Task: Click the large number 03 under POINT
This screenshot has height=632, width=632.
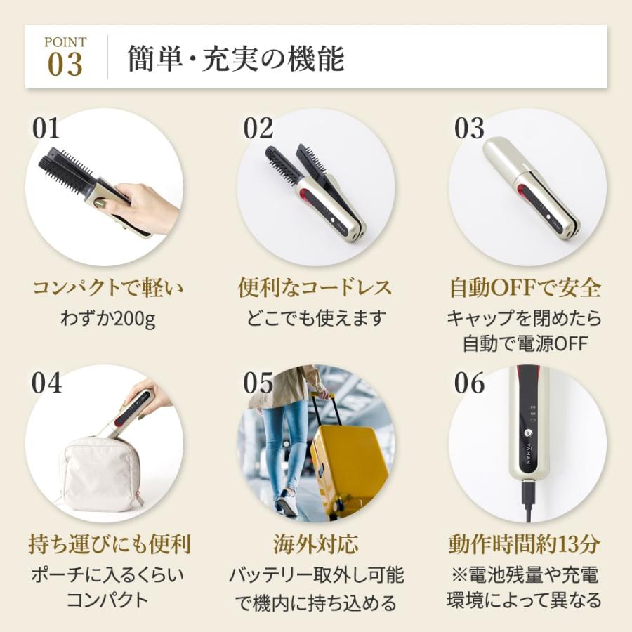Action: coord(65,65)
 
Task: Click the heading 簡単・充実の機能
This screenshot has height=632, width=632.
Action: coord(236,59)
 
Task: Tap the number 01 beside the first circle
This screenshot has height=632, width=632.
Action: coord(46,129)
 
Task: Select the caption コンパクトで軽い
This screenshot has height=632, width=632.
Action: coord(103,288)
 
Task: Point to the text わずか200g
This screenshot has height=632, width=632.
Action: coord(103,319)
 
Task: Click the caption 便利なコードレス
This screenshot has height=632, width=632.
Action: coord(315,288)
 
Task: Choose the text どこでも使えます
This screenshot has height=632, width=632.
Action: coord(316,319)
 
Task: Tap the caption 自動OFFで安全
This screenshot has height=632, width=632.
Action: coord(525,288)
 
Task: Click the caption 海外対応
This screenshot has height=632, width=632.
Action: coord(315,544)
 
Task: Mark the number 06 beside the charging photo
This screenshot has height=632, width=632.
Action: coord(469,383)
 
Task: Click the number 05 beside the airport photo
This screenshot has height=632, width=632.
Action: coord(258,383)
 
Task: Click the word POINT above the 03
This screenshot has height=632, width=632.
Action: coord(65,42)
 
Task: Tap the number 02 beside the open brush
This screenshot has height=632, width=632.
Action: coord(258,129)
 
